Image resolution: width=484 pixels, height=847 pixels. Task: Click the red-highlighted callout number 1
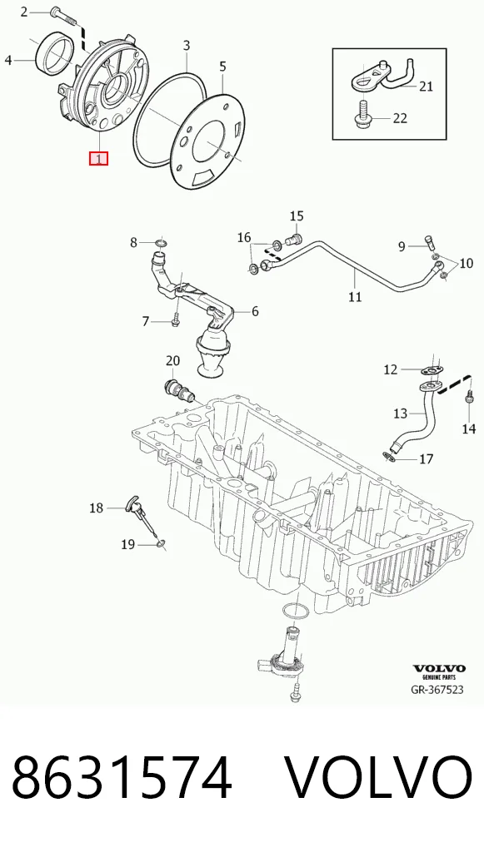[x=99, y=159]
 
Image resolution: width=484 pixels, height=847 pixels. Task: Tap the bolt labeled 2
[x=62, y=15]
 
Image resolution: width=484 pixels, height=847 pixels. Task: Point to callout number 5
[x=222, y=67]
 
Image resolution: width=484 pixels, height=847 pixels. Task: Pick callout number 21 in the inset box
[x=427, y=86]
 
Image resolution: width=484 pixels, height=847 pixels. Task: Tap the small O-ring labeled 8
[x=161, y=241]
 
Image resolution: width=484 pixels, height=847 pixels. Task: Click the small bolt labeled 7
[x=175, y=318]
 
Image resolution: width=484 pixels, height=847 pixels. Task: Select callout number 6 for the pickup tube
[x=255, y=311]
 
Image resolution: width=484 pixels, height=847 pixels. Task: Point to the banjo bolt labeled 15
[x=295, y=238]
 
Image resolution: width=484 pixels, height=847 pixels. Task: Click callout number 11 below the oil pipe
[x=355, y=296]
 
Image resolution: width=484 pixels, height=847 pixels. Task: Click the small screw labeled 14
[x=469, y=397]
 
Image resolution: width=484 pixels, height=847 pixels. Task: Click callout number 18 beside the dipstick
[x=96, y=508]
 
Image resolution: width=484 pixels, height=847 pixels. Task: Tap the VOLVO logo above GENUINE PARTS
[x=439, y=668]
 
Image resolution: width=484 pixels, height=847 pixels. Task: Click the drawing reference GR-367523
[x=437, y=689]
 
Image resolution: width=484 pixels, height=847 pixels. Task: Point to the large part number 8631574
[x=122, y=779]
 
